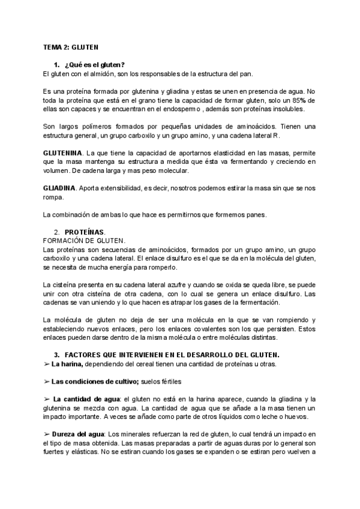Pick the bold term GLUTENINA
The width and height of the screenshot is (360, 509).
pyautogui.click(x=64, y=154)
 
